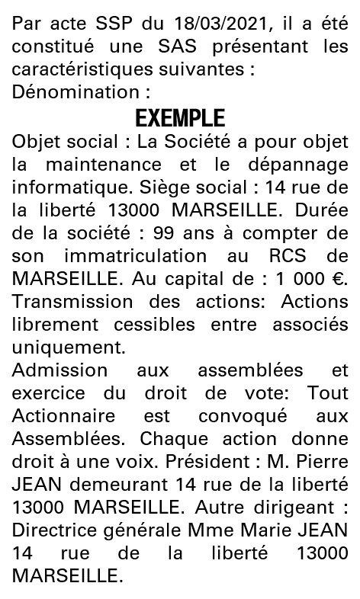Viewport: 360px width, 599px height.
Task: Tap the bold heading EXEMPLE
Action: pos(180,119)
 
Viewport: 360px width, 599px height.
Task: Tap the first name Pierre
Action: pos(324,462)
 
